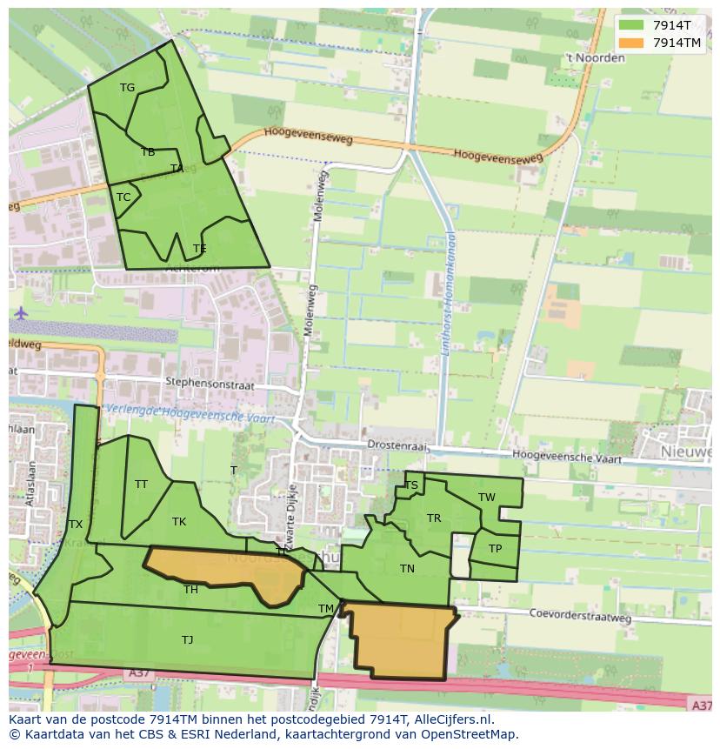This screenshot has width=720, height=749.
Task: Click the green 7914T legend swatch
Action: [632, 25]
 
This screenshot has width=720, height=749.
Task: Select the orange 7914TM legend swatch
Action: [632, 43]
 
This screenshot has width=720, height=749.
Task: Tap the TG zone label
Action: [127, 87]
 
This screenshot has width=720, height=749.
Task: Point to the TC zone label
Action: [123, 197]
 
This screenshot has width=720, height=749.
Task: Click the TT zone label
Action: [141, 485]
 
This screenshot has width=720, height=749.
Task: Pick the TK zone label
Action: [179, 522]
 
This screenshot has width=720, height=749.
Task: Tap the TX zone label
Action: [76, 524]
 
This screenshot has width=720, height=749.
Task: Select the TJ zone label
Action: [187, 640]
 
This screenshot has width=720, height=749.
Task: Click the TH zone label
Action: [190, 590]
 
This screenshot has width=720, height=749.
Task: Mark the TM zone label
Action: [326, 608]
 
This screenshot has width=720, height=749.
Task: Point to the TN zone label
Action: [407, 569]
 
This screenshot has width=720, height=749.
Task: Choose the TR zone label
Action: [434, 518]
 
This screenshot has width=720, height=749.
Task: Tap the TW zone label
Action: [487, 498]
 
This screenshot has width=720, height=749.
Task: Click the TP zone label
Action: [495, 549]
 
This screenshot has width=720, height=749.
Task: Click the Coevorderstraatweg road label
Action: [581, 615]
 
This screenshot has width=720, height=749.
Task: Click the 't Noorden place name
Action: [595, 58]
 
